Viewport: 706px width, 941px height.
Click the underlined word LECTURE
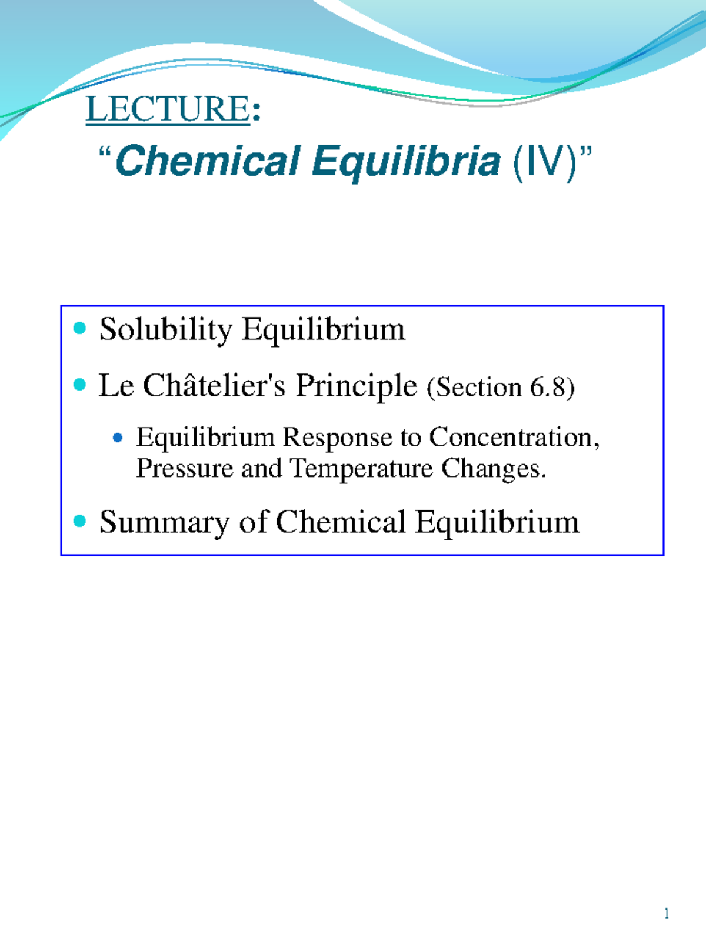(168, 109)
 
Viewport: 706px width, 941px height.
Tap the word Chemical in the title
(208, 161)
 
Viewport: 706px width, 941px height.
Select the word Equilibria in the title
(406, 161)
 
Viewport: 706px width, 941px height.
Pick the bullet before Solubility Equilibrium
(80, 328)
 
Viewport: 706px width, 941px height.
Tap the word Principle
(356, 387)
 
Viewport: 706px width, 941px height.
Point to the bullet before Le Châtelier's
(80, 385)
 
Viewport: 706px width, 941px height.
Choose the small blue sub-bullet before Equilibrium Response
(118, 438)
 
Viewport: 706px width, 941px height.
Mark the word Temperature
(362, 469)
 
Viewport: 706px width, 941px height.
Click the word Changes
(493, 469)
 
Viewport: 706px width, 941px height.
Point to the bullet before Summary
(80, 520)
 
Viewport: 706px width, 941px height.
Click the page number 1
(666, 913)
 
